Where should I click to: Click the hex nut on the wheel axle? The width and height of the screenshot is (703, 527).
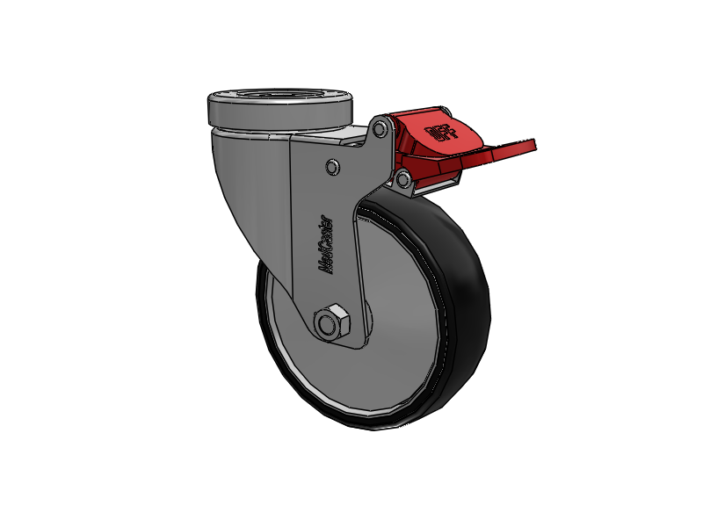pyautogui.click(x=333, y=322)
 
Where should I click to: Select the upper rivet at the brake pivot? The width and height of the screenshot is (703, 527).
pyautogui.click(x=379, y=130)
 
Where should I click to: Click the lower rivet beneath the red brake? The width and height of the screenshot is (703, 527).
pyautogui.click(x=402, y=180)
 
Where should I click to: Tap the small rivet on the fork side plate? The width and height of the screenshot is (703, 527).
pyautogui.click(x=332, y=166)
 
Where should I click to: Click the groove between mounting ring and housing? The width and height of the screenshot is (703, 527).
pyautogui.click(x=264, y=128)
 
